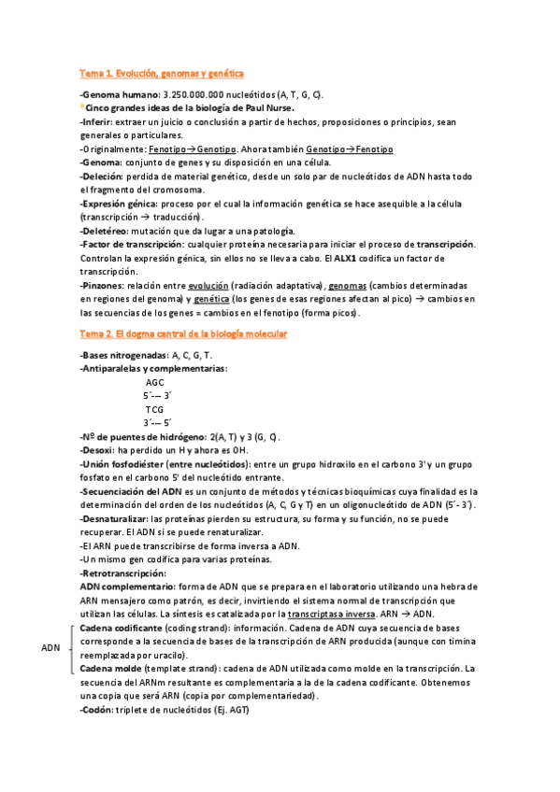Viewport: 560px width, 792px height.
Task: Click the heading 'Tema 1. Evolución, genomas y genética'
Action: [x=162, y=72]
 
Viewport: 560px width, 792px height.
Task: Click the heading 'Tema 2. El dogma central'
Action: [x=183, y=333]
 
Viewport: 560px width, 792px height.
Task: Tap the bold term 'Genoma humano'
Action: [x=120, y=95]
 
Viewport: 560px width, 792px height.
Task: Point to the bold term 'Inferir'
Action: [x=97, y=122]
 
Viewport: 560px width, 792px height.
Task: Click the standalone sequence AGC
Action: [x=156, y=383]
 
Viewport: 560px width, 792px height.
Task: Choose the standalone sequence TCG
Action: [x=155, y=410]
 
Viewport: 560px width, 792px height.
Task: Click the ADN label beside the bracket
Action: [x=52, y=647]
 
